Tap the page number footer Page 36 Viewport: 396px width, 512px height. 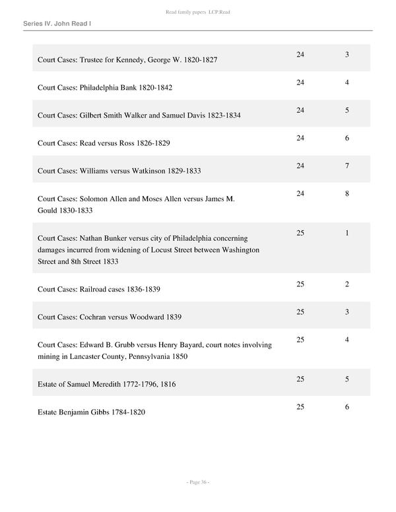pos(197,482)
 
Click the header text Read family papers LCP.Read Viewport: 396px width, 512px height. pos(197,12)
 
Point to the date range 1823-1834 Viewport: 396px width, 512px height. pos(223,115)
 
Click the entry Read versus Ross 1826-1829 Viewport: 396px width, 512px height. pos(104,143)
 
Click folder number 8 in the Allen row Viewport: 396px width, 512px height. pos(346,194)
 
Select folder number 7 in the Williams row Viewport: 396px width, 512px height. pos(346,166)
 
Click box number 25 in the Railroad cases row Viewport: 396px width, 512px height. pos(300,284)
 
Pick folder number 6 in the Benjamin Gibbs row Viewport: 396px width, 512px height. pos(346,407)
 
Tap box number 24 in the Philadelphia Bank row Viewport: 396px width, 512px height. pos(300,82)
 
